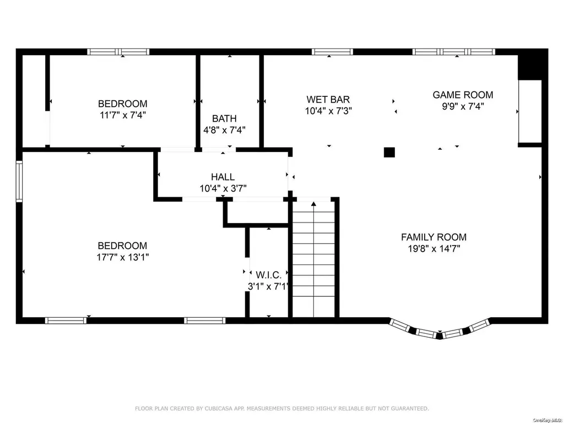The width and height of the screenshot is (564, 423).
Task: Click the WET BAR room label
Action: click(x=328, y=99)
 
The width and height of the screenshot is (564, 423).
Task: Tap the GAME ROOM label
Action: click(x=463, y=95)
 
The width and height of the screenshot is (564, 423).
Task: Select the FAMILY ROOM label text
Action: click(x=434, y=237)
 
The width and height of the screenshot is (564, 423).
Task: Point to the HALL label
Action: click(x=223, y=177)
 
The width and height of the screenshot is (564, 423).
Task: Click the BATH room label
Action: click(x=225, y=118)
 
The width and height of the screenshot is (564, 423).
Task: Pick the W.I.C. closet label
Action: click(x=268, y=275)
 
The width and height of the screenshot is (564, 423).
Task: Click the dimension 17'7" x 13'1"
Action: click(x=123, y=257)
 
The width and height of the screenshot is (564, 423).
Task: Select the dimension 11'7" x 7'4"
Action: click(x=123, y=115)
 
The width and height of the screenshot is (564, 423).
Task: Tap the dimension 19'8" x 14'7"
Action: click(x=434, y=248)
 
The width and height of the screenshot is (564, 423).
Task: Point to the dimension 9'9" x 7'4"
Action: click(x=463, y=106)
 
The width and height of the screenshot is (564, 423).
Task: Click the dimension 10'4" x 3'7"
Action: click(x=223, y=188)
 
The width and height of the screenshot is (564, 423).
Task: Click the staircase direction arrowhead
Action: click(x=313, y=204)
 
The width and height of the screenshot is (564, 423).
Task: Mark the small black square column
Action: click(x=389, y=153)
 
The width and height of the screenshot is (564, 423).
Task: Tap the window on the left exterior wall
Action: click(x=19, y=181)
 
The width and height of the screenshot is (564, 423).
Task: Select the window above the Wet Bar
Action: click(x=332, y=52)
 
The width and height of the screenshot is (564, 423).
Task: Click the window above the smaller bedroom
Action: click(x=118, y=52)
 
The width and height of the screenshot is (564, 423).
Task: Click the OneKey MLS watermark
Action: click(x=547, y=420)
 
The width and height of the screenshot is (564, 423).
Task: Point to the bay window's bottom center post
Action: click(x=439, y=337)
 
